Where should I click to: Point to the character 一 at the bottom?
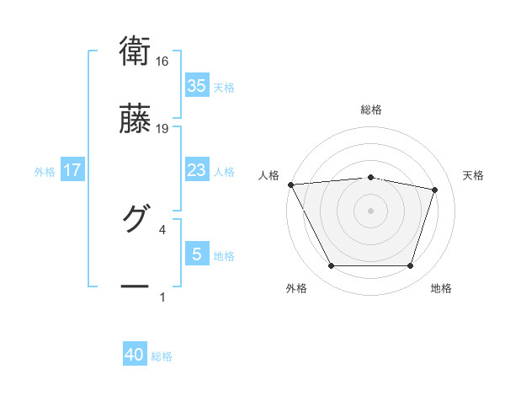pos(135,286)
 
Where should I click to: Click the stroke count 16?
pos(162,62)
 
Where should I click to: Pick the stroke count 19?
pos(162,129)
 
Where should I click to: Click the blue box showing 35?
pos(196,86)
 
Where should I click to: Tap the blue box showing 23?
pos(196,170)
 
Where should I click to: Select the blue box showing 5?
pos(196,254)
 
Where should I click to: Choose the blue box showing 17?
pos(72,170)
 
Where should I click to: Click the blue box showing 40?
pos(135,356)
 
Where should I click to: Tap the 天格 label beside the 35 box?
pos(224,87)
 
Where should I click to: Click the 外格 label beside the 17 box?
pos(45,171)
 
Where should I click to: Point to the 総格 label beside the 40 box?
pos(162,356)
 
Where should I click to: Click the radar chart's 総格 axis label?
pos(371,110)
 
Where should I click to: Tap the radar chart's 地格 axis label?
pos(441,288)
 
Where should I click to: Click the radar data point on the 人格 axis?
pos(290,185)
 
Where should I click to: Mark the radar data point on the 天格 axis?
pos(434,190)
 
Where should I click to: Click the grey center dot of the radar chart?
pos(371,210)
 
